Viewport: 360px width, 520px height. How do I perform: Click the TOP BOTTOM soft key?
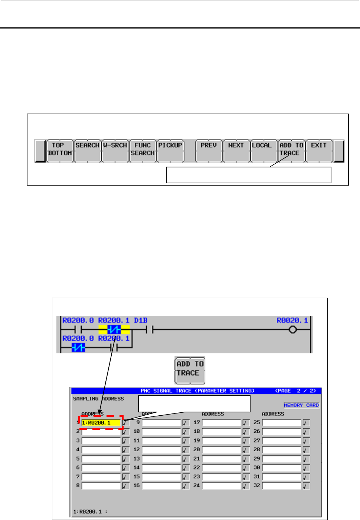(60, 150)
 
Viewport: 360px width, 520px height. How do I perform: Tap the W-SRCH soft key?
(115, 150)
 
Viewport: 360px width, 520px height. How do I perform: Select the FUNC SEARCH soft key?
(143, 150)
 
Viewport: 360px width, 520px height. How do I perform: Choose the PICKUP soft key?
(170, 150)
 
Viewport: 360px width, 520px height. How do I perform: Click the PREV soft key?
(209, 150)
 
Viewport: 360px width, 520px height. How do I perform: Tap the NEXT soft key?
(236, 150)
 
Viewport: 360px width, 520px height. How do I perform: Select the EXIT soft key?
(319, 150)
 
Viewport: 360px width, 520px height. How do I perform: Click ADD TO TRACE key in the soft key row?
(291, 150)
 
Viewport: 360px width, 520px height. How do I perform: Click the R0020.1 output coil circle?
(292, 330)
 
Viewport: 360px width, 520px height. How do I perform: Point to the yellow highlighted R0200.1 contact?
(114, 329)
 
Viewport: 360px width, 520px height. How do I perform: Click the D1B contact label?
(141, 320)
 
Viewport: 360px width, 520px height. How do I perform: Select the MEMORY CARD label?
(301, 405)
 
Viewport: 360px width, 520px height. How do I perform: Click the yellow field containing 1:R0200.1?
(101, 423)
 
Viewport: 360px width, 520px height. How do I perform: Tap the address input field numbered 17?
(221, 423)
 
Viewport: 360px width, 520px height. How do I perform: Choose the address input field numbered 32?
(281, 485)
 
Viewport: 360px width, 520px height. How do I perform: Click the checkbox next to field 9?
(186, 423)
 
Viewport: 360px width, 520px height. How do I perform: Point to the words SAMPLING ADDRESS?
(98, 399)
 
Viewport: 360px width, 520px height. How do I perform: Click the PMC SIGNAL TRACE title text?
(197, 391)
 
